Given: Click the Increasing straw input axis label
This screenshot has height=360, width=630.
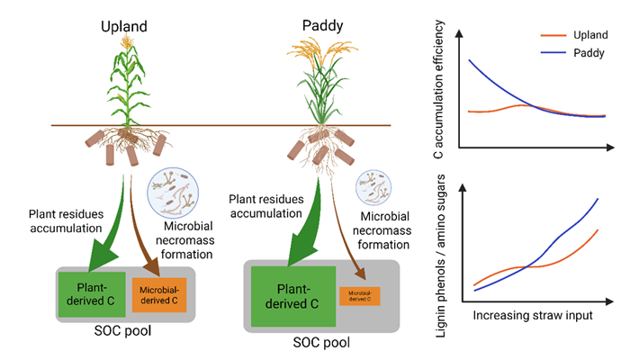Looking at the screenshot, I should pos(536,317).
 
